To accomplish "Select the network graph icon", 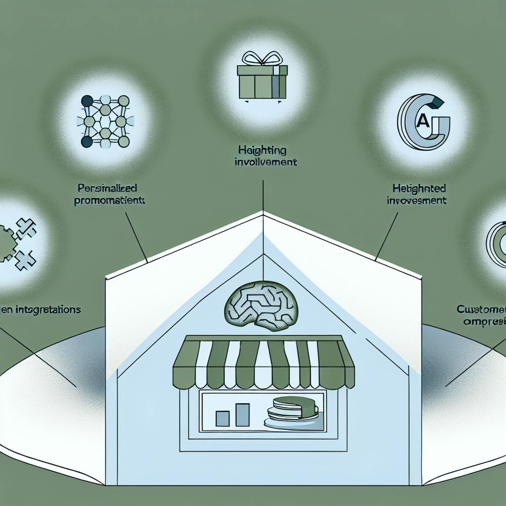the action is [x=104, y=121].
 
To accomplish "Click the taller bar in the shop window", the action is [x=242, y=415].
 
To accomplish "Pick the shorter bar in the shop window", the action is [x=222, y=418].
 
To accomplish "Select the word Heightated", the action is [x=419, y=189].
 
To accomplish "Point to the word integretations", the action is [x=47, y=310].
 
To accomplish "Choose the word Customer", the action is [x=481, y=310].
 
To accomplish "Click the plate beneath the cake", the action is [x=287, y=423].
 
